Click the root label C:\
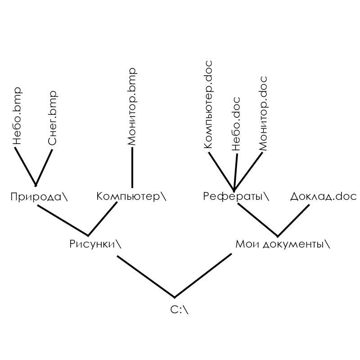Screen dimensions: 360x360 (x=179, y=310)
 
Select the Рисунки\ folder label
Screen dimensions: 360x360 (x=95, y=244)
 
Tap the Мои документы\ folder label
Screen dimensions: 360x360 (x=283, y=244)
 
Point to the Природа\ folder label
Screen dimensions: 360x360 (x=39, y=197)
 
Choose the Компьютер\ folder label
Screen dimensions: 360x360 (x=131, y=197)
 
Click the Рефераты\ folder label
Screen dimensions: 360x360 (x=236, y=197)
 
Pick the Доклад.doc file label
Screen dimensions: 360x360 (x=324, y=197)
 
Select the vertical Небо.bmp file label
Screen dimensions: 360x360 (x=17, y=116)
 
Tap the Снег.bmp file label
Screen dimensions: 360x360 (x=52, y=118)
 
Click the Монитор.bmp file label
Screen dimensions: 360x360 (x=132, y=107)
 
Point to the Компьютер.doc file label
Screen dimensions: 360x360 (x=208, y=104)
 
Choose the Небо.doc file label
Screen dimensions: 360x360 (x=236, y=124)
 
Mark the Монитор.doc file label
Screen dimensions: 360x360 (x=263, y=113)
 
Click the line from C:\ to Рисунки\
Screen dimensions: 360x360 (x=146, y=277)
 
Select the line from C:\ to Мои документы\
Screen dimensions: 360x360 (x=203, y=276)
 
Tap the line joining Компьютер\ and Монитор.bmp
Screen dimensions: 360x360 (x=132, y=167)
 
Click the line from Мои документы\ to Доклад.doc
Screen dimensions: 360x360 (x=293, y=221)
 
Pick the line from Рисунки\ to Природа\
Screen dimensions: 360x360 (x=63, y=220)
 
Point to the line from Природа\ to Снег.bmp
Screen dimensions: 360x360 (x=44, y=168)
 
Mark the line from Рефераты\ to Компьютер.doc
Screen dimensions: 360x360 (x=221, y=172)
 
